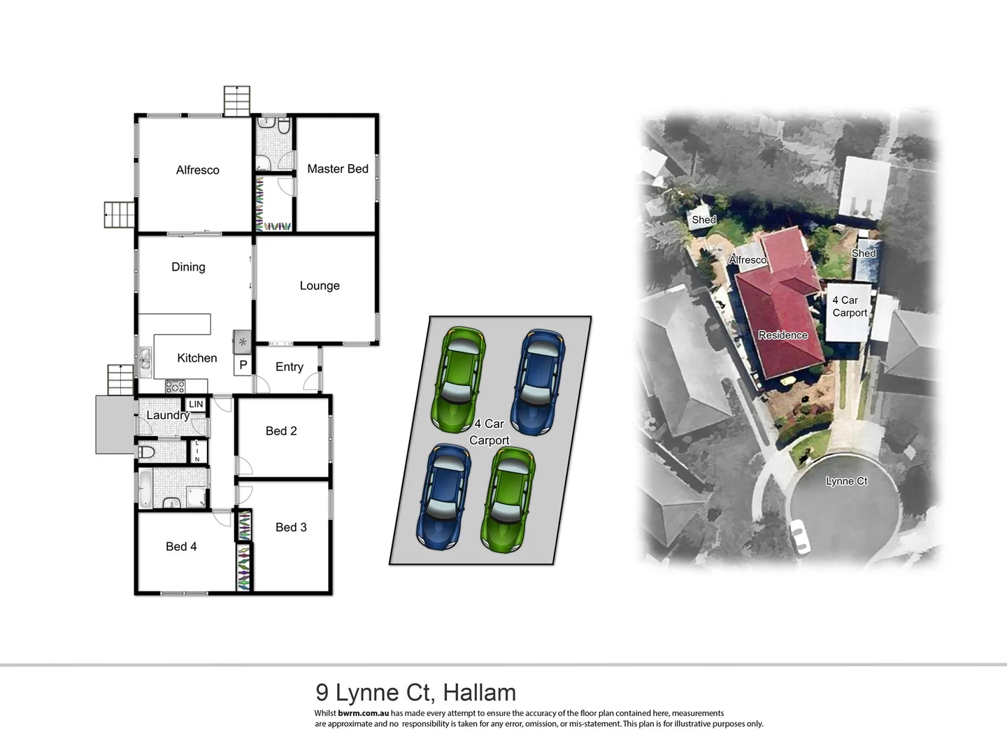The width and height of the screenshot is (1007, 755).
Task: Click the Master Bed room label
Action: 337,169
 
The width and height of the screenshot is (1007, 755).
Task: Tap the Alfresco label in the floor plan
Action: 197,170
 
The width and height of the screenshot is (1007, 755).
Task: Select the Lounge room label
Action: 320,286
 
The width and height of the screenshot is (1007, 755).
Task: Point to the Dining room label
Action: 188,267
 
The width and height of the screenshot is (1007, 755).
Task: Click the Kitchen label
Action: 197,358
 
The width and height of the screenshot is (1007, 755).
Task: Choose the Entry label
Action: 289,367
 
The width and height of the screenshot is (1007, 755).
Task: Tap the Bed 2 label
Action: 281,431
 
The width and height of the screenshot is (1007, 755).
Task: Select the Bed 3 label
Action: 291,528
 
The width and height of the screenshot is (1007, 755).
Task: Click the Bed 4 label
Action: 181,547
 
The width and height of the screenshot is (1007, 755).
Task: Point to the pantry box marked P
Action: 243,365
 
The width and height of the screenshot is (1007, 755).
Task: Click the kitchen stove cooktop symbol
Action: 175,386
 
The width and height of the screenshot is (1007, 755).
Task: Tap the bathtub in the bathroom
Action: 145,488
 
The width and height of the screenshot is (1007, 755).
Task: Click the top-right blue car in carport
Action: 538,381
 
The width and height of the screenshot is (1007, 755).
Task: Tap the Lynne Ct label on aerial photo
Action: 846,482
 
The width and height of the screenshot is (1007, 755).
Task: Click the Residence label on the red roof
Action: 783,336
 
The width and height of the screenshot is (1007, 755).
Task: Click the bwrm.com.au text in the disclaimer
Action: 363,714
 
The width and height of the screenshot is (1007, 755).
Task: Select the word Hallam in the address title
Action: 480,693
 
